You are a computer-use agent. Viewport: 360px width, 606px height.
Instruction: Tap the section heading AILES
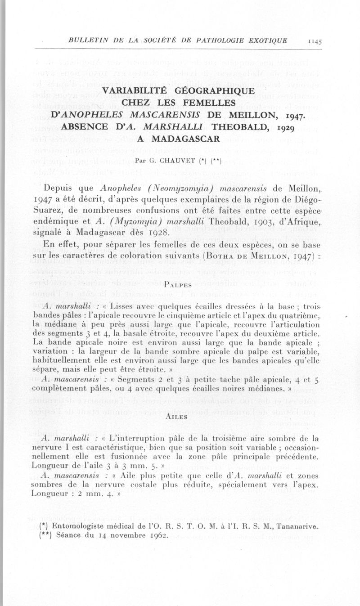pyautogui.click(x=179, y=416)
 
